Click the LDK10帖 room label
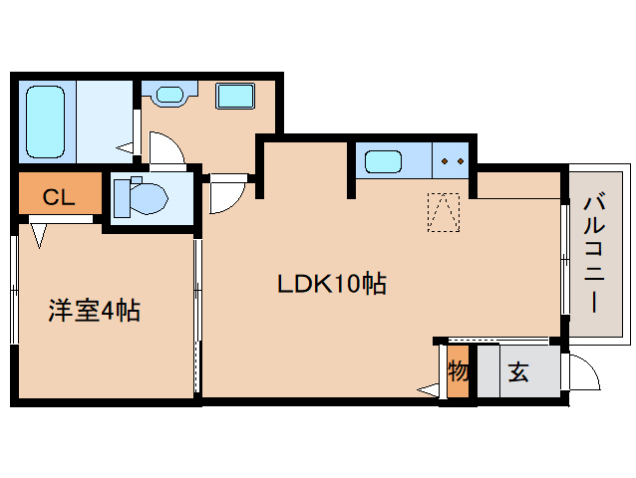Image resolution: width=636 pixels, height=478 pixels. [x=331, y=284]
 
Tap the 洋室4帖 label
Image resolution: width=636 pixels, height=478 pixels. [x=95, y=311]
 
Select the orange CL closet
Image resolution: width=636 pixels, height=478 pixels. [x=59, y=196]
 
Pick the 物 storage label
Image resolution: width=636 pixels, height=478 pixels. [x=458, y=372]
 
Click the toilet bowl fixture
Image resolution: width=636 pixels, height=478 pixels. [x=142, y=196]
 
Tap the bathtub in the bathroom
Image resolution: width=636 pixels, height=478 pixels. [x=46, y=120]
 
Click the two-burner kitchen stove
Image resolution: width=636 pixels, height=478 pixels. [x=452, y=160]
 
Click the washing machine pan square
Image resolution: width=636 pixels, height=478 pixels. [x=236, y=98]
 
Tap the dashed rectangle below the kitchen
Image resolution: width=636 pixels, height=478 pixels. [x=443, y=211]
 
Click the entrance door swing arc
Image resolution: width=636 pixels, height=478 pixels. [x=584, y=374]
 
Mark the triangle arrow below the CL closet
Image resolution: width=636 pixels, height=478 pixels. [x=40, y=234]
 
